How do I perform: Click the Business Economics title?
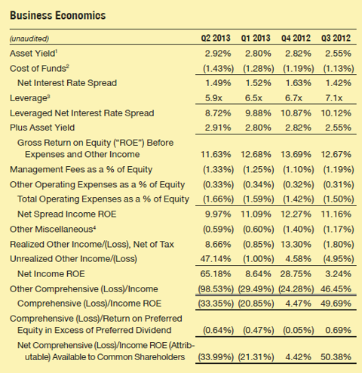(x=57, y=16)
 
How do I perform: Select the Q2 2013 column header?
(x=216, y=39)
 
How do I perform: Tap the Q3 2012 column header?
(x=336, y=39)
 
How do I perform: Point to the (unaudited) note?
(x=29, y=39)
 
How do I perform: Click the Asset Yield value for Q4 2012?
(x=298, y=54)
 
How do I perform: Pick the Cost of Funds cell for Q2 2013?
(x=218, y=69)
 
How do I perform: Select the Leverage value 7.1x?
(x=334, y=98)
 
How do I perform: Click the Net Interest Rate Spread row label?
(x=67, y=83)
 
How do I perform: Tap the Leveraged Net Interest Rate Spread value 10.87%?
(x=296, y=113)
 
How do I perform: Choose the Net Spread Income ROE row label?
(x=67, y=214)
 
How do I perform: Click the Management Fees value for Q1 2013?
(x=259, y=169)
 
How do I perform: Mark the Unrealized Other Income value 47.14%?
(x=216, y=259)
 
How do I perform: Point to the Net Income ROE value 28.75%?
(x=296, y=274)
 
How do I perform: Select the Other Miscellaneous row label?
(x=53, y=230)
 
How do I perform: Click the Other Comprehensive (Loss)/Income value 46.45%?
(x=336, y=289)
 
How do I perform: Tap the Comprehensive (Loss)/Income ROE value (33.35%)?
(x=216, y=304)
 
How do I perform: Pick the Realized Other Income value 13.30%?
(x=296, y=245)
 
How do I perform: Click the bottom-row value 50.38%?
(x=336, y=357)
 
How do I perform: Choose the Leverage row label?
(x=29, y=98)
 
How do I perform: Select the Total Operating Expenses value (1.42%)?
(x=299, y=199)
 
